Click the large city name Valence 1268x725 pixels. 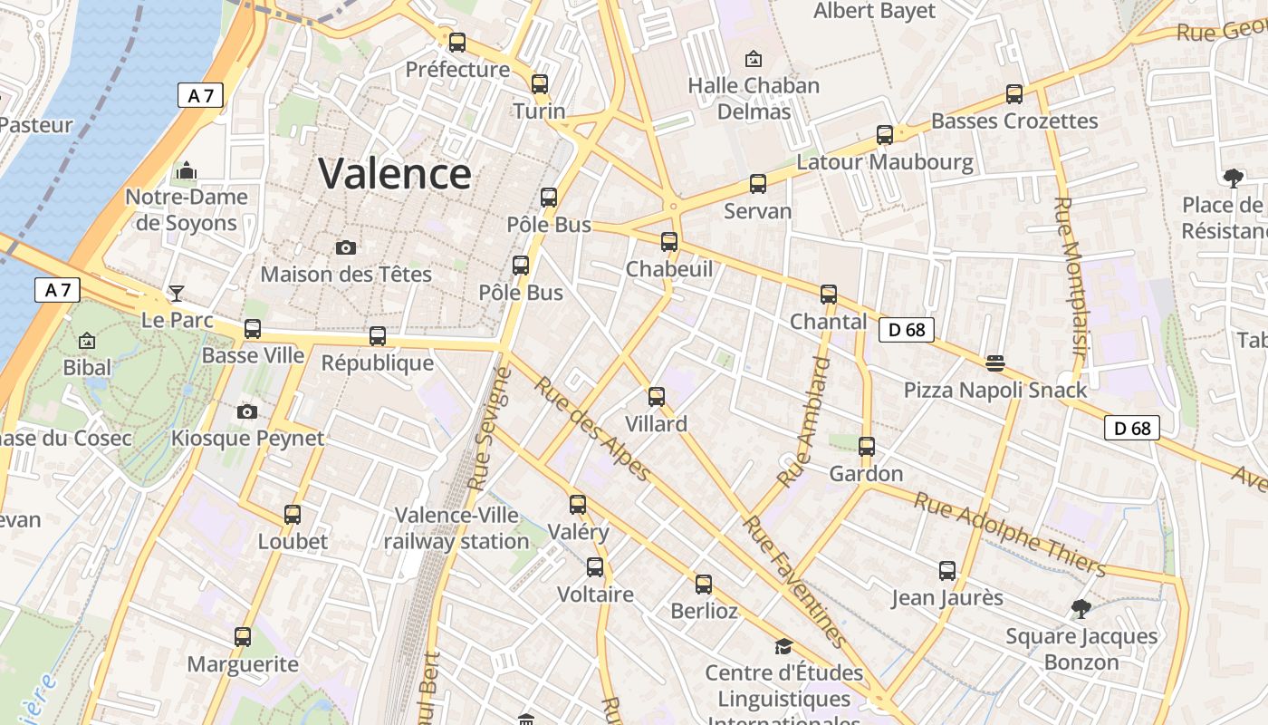395,173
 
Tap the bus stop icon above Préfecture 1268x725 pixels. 457,42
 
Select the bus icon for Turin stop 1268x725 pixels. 540,83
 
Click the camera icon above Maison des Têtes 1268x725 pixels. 345,247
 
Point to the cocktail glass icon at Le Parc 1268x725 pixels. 177,293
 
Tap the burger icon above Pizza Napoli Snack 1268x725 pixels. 995,362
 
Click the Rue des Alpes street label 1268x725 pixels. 592,429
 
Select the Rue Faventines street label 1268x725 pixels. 794,581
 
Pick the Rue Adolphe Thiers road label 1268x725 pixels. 1010,535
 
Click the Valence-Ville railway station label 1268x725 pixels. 456,528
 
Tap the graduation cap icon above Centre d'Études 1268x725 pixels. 783,646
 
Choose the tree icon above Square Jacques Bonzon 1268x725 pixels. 1081,608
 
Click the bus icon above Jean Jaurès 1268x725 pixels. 947,570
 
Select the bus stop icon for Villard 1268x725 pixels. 657,396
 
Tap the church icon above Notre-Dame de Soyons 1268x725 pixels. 187,170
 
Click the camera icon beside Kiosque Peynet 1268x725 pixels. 246,412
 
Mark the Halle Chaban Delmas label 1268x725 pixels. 754,98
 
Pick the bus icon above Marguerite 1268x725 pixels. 242,636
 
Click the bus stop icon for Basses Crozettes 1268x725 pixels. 1014,93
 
